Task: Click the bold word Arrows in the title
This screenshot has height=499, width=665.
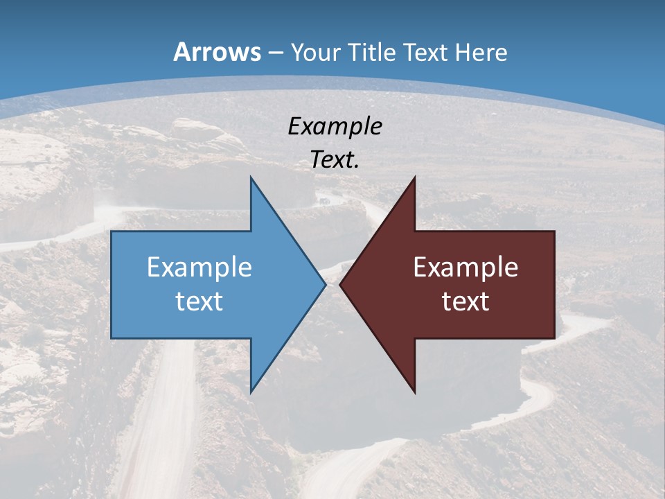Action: (x=218, y=52)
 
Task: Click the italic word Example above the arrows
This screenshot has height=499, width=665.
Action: (x=335, y=126)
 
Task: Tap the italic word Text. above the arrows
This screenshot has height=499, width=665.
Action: (x=335, y=159)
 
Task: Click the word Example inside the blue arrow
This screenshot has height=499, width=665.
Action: (x=199, y=268)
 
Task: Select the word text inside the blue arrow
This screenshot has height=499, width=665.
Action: (x=199, y=301)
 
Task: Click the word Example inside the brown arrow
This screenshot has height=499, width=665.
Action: (x=465, y=268)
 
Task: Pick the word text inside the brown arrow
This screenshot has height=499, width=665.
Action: (x=465, y=301)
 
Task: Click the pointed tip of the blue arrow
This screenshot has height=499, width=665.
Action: (x=326, y=284)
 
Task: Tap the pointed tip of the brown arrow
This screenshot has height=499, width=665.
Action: (x=340, y=284)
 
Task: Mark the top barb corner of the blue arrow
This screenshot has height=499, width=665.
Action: (x=251, y=177)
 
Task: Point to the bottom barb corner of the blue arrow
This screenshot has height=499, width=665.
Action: (x=251, y=392)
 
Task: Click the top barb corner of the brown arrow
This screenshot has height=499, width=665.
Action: (x=415, y=177)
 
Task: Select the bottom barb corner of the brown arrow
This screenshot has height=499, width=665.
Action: (x=415, y=392)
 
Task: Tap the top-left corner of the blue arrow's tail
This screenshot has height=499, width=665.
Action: (x=112, y=231)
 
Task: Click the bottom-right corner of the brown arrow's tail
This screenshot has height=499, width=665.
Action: (x=554, y=338)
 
